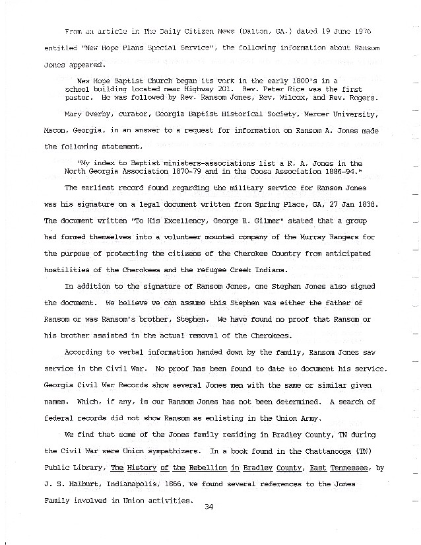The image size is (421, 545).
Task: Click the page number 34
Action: coord(209,507)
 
